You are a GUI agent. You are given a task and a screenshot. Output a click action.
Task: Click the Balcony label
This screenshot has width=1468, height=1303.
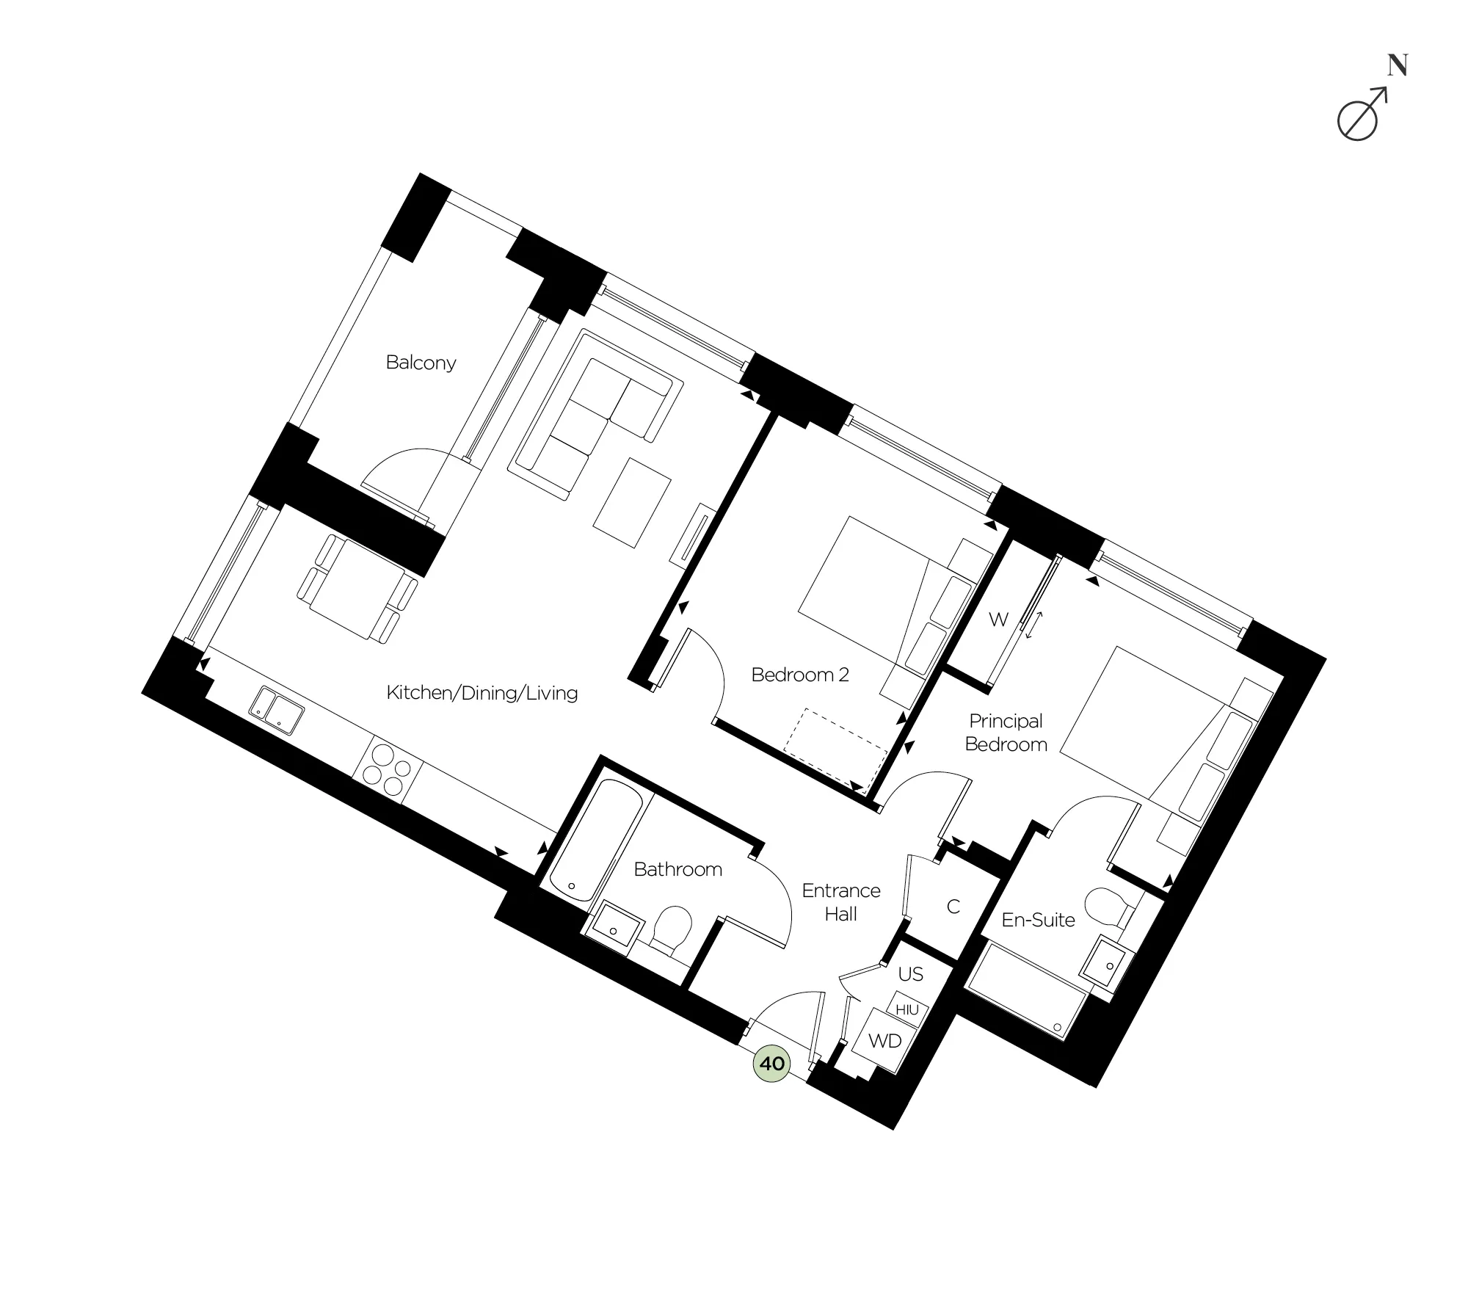[421, 363]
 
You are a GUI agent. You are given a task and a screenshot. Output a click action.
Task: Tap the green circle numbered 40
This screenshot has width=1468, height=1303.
[772, 1064]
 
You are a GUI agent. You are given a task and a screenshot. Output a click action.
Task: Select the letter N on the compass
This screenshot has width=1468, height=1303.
[1398, 66]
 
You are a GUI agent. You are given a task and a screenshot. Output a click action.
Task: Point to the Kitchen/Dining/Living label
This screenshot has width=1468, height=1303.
[482, 693]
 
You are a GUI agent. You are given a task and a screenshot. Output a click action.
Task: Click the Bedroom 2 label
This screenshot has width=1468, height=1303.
[800, 675]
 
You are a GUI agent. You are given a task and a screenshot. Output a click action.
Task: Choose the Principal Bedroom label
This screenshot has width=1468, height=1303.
[1006, 733]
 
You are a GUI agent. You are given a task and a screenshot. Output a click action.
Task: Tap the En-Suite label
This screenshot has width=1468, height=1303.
[1038, 920]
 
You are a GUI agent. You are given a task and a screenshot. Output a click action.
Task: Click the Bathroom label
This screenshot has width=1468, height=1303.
[677, 869]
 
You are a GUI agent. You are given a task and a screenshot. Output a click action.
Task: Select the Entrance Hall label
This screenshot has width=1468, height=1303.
[841, 902]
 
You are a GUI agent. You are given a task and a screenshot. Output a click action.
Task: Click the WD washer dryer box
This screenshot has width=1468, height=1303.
[884, 1041]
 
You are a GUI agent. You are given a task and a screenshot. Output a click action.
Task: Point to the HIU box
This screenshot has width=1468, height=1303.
[907, 1010]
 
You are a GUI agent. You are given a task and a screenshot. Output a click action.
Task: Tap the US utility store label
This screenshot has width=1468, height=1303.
[910, 974]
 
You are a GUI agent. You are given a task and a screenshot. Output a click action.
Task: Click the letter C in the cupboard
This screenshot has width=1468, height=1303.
[953, 907]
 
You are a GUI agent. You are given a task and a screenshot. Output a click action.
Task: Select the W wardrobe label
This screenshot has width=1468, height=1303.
[998, 620]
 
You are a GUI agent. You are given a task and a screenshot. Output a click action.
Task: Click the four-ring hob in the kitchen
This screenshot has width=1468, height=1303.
[388, 770]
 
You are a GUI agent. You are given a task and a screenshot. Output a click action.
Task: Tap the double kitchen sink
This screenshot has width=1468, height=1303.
[276, 710]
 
